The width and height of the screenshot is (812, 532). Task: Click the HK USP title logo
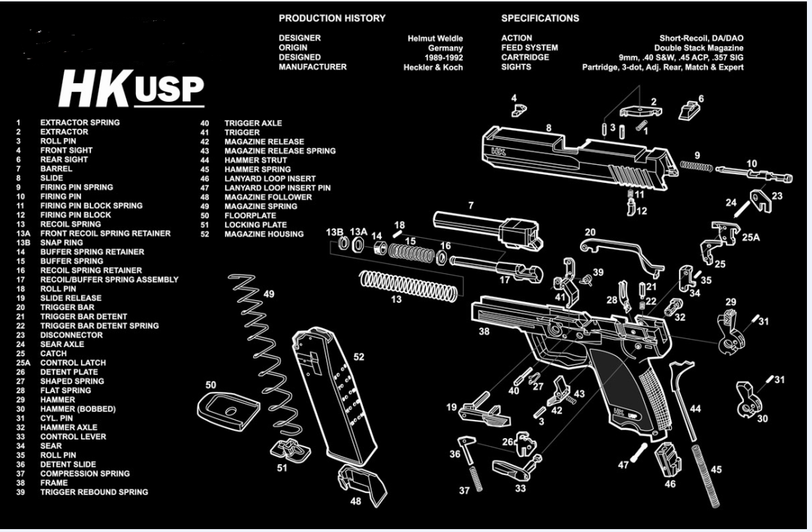coord(132,88)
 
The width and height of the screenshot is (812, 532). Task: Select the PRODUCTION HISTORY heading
coord(332,18)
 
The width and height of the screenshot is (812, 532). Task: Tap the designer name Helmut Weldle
coord(435,38)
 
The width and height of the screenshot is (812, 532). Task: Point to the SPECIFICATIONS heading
coord(540,18)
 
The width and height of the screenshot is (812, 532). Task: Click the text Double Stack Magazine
coord(698,48)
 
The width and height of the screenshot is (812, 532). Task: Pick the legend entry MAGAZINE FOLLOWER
coord(268,197)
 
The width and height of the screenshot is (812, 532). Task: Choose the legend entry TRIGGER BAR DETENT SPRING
coord(100,326)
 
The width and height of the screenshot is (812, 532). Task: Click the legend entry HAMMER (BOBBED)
coord(78,409)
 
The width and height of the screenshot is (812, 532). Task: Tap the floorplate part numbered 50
coord(228,411)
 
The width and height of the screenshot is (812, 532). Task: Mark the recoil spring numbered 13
coord(409,285)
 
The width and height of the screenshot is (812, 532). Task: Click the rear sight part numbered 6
coord(690,110)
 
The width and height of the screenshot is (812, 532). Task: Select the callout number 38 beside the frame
coord(484,331)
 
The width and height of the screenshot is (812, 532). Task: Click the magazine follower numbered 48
coord(362,484)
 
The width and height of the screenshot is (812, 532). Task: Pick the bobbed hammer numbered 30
coord(750,400)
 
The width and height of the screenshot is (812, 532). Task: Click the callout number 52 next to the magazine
coord(359,357)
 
